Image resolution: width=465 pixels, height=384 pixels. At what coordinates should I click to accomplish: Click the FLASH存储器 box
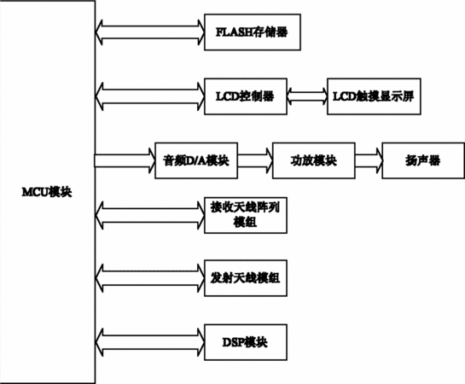(253, 32)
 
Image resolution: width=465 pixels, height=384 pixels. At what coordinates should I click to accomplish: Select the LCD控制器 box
(246, 96)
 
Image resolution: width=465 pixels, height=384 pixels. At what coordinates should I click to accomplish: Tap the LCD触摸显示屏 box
(374, 96)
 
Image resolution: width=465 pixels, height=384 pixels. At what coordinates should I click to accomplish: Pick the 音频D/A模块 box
(196, 160)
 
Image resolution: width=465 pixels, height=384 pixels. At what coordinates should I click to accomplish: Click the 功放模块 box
(314, 160)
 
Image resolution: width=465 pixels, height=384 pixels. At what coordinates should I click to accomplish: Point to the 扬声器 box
(423, 160)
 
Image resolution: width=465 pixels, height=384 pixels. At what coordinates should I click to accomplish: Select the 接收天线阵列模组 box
(246, 215)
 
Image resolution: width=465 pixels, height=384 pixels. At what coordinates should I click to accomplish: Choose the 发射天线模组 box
(246, 278)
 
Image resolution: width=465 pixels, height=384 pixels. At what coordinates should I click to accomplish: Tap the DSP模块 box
(246, 342)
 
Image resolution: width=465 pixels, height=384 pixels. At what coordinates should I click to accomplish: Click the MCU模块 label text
(47, 192)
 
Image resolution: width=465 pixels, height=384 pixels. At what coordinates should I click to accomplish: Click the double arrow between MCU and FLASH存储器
(150, 32)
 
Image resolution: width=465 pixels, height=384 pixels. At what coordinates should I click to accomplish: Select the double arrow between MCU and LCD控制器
(150, 96)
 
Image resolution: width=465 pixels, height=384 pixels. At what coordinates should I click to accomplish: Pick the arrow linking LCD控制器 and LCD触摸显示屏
(307, 96)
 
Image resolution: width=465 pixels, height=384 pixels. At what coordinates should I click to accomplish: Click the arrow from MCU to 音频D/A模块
(125, 160)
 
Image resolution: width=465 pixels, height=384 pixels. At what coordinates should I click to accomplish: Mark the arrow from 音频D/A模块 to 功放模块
(255, 160)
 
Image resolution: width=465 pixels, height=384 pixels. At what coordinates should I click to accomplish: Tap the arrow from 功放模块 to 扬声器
(369, 160)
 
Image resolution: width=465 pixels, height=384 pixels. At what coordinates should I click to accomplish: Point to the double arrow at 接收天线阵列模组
(150, 215)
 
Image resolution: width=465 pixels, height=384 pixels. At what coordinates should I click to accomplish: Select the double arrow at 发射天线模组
(150, 278)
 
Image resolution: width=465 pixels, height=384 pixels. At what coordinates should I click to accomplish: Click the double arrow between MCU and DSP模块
(150, 342)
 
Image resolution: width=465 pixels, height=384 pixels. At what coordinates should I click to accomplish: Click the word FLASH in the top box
(235, 32)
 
